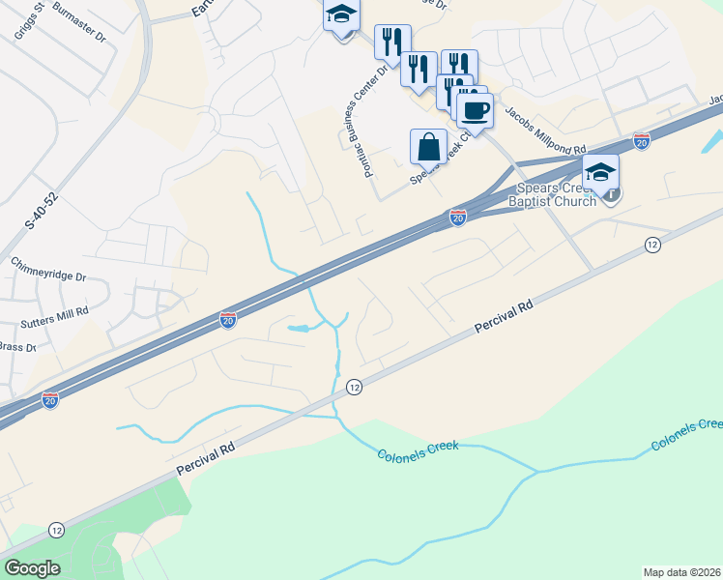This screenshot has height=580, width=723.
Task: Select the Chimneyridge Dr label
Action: [48, 270]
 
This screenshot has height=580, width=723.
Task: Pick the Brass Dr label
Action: [16, 347]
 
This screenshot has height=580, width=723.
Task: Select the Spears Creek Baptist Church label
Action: [559, 192]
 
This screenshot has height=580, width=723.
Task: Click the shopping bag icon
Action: [428, 147]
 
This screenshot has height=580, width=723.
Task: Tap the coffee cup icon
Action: [475, 110]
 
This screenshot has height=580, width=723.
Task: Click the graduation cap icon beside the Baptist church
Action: [600, 171]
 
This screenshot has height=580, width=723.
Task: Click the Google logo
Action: [32, 568]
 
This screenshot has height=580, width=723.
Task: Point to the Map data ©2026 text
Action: [682, 572]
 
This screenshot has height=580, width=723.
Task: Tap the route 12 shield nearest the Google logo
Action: [58, 530]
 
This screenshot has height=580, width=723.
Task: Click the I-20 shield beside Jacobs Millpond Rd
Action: [642, 141]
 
